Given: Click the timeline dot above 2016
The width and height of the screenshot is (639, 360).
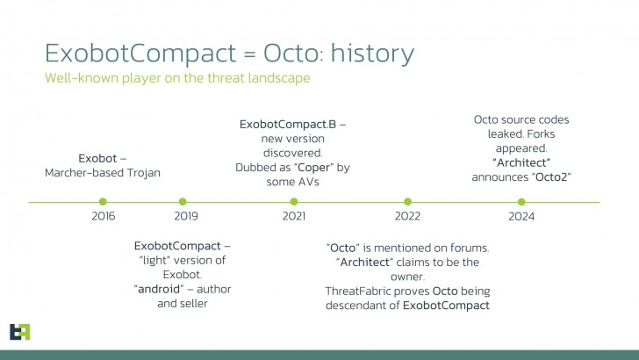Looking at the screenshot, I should pyautogui.click(x=103, y=202).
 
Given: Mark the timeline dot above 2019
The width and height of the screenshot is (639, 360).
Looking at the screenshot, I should pyautogui.click(x=183, y=202).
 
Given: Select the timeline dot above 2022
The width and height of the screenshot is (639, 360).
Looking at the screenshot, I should pyautogui.click(x=407, y=202).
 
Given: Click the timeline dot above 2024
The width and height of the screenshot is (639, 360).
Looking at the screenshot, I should pyautogui.click(x=521, y=202).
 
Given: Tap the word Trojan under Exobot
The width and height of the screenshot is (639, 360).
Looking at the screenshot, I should pyautogui.click(x=142, y=173).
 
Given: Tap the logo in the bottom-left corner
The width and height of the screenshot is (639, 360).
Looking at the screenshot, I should pyautogui.click(x=20, y=331).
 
